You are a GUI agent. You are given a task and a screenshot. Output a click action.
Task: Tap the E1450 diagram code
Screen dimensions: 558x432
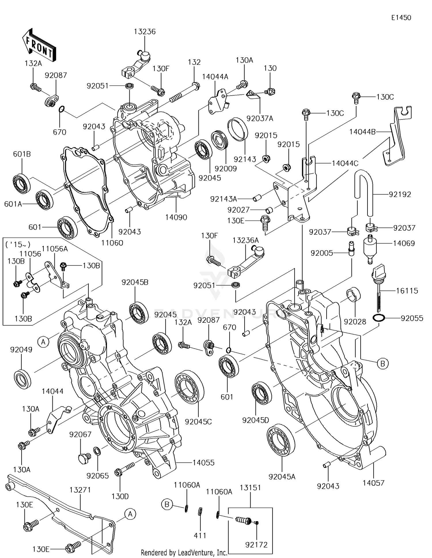click(x=401, y=18)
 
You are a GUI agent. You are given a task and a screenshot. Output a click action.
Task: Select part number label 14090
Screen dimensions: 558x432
click(x=176, y=217)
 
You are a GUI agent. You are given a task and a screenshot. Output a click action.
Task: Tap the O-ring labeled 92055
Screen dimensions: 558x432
click(x=379, y=318)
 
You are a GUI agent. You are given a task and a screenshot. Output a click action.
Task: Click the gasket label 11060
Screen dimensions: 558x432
click(x=112, y=243)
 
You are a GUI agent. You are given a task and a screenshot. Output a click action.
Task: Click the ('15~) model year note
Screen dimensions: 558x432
click(x=18, y=245)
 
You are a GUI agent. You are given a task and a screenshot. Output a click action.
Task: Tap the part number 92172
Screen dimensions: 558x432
click(x=256, y=544)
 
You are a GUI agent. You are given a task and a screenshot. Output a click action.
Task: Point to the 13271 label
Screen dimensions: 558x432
click(x=80, y=490)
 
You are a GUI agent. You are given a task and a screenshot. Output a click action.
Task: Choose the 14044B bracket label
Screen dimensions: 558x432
click(x=362, y=132)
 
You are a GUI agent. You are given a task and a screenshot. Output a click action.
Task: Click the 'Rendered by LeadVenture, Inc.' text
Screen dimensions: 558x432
click(x=184, y=553)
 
